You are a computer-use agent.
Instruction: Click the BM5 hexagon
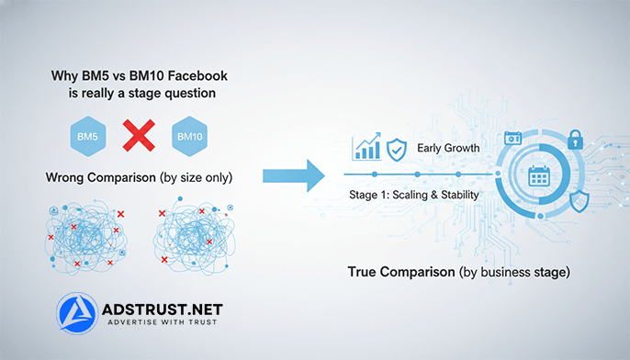[87, 139]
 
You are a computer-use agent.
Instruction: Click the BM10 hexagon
[189, 139]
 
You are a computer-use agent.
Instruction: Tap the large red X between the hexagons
[138, 138]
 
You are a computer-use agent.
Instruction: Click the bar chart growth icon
[367, 147]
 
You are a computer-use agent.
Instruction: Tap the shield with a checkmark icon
[397, 149]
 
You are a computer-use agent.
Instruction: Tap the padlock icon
[576, 140]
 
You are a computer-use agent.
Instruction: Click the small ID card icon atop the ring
[512, 139]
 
